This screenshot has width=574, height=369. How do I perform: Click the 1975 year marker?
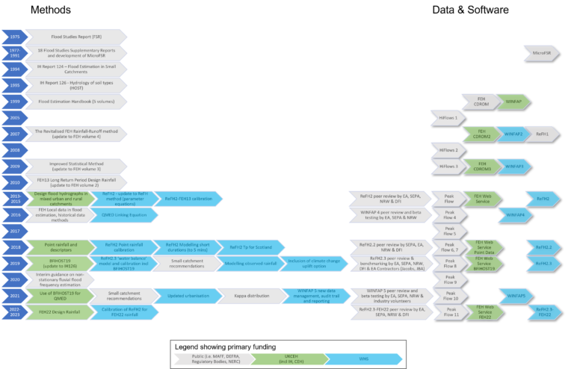pos(13,36)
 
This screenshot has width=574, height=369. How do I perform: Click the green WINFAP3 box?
pos(514,166)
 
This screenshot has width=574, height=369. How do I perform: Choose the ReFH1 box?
pos(541,133)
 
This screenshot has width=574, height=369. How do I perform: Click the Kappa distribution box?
pos(249,296)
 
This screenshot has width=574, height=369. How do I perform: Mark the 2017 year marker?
pos(13,231)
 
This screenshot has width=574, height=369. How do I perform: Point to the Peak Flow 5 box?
pos(449,230)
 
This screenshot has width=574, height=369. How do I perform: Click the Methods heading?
pos(51,10)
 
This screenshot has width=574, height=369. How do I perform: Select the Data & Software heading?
pos(470,10)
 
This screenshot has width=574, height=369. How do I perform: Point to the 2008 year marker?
pos(13,149)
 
